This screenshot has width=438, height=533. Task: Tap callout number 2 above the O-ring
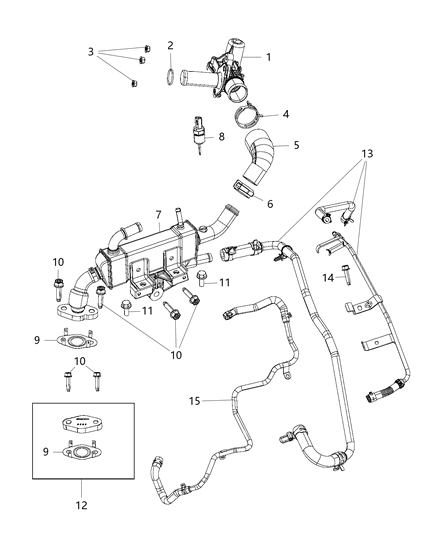(171, 45)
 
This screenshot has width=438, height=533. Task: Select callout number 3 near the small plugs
(92, 51)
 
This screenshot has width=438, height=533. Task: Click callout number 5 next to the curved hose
(295, 145)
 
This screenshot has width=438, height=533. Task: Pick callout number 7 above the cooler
(157, 215)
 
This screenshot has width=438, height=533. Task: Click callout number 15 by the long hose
(196, 401)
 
